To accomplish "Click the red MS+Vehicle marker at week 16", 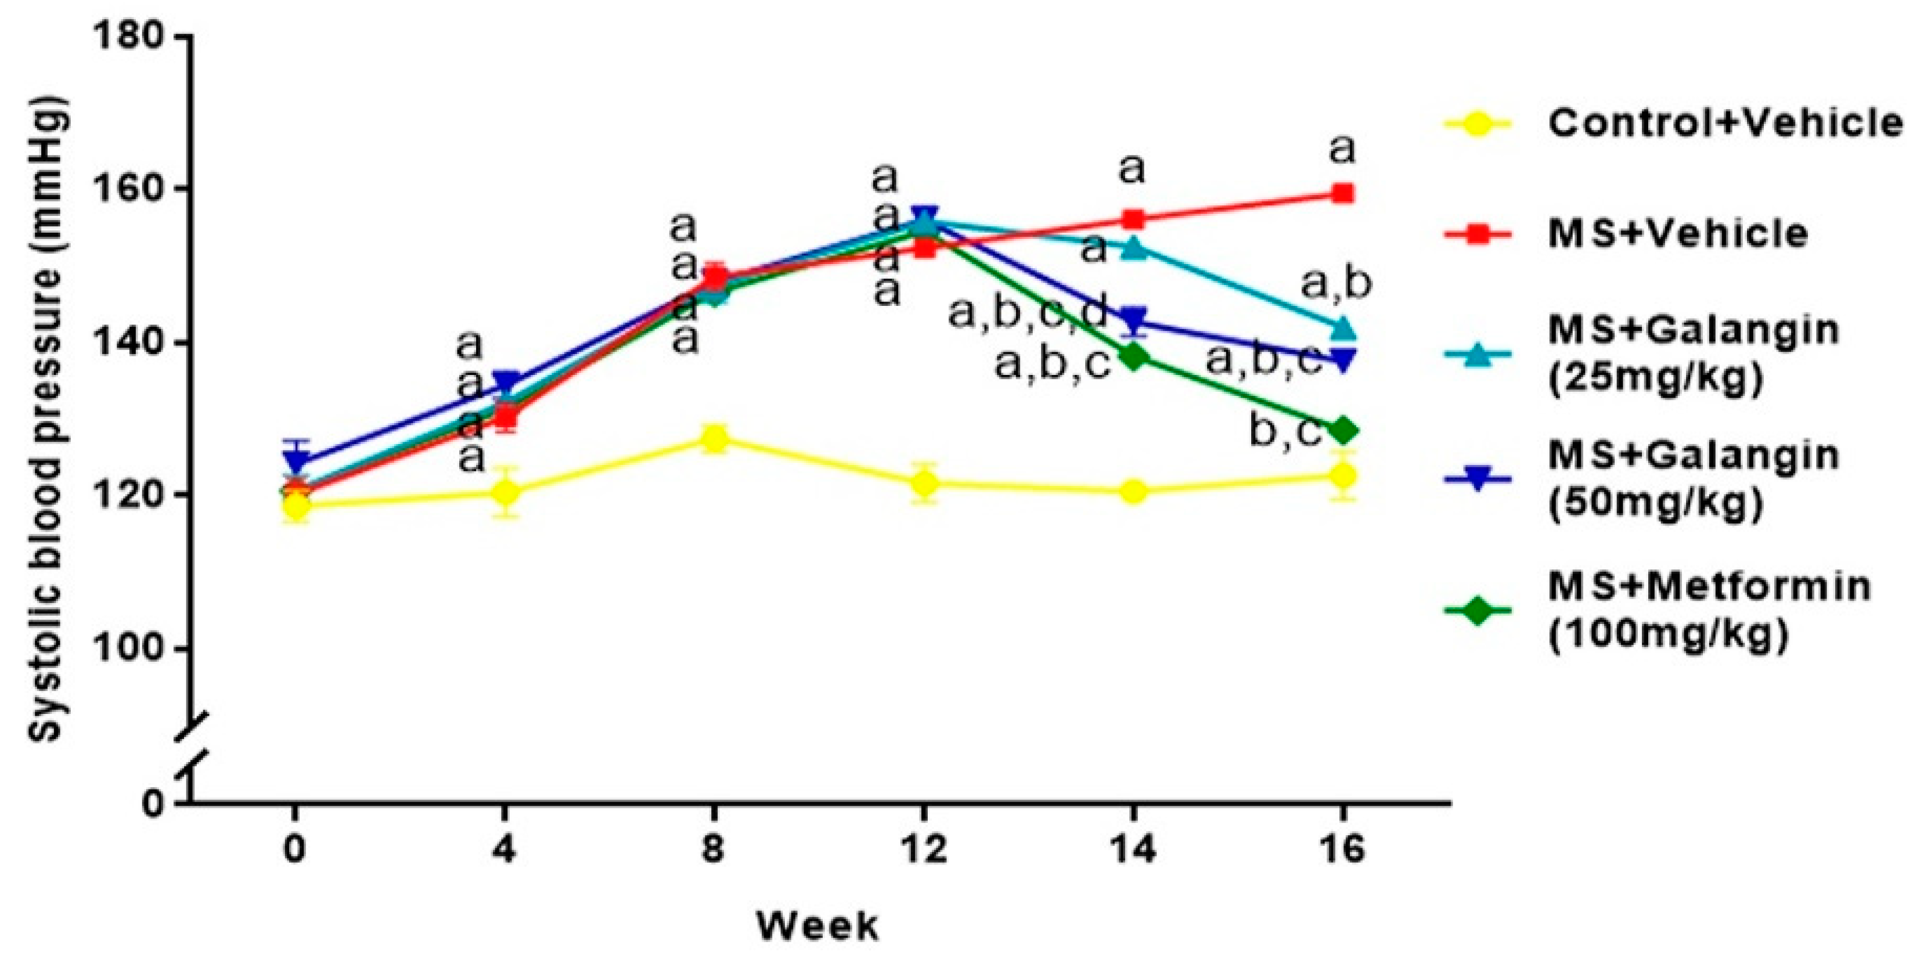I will point(1342,194).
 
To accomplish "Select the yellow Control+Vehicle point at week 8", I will point(714,439).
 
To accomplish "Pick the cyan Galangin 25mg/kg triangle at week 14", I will point(1133,247).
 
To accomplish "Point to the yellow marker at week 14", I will point(1133,491).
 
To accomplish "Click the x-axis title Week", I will point(817,926).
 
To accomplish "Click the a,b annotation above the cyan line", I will point(1336,284).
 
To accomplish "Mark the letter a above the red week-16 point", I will point(1342,149).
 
